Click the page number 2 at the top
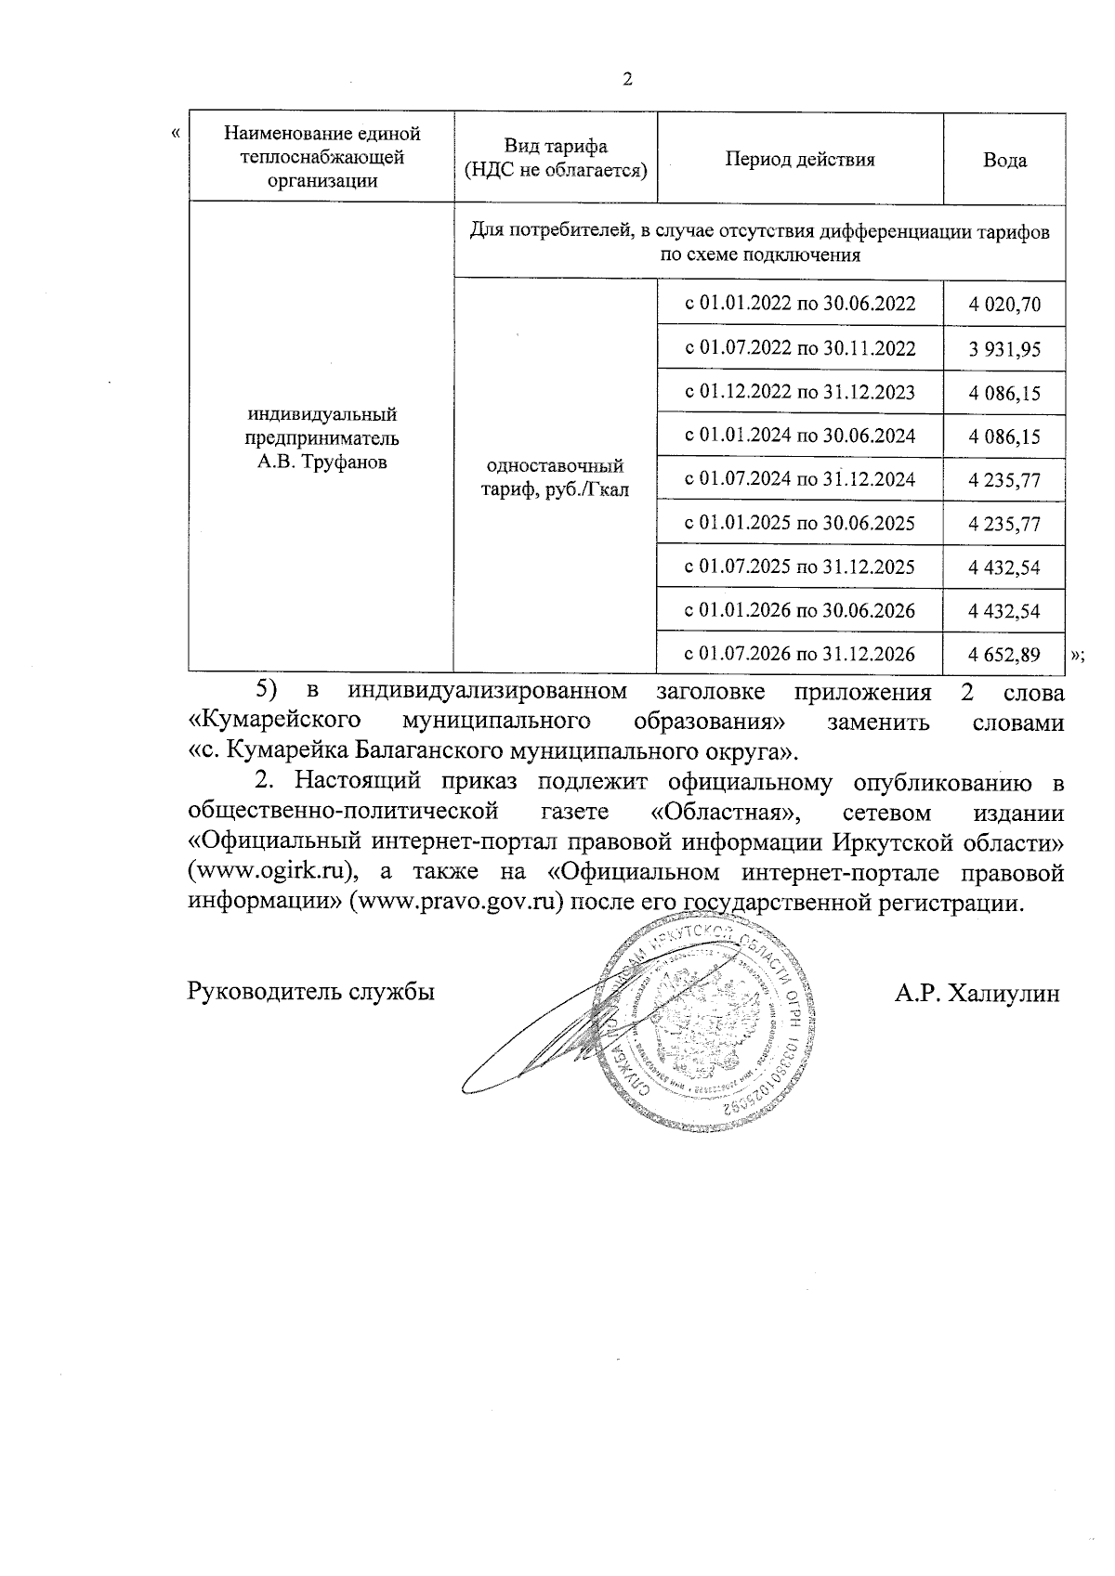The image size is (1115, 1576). pyautogui.click(x=626, y=80)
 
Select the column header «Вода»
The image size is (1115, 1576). pyautogui.click(x=1004, y=160)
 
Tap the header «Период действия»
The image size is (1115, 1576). pyautogui.click(x=800, y=159)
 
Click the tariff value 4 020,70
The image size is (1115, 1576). pyautogui.click(x=1004, y=305)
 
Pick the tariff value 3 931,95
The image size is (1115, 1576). pyautogui.click(x=1004, y=349)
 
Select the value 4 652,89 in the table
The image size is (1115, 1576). pyautogui.click(x=1004, y=655)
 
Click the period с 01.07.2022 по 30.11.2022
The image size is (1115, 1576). pyautogui.click(x=800, y=348)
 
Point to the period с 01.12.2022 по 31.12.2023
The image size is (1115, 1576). pyautogui.click(x=800, y=392)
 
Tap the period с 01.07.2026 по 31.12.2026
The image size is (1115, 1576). pyautogui.click(x=800, y=654)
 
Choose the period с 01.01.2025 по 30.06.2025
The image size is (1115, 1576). pyautogui.click(x=800, y=523)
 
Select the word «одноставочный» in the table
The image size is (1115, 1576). pyautogui.click(x=555, y=466)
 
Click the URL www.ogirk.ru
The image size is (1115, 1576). pyautogui.click(x=272, y=873)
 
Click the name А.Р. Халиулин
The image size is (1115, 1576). pyautogui.click(x=977, y=994)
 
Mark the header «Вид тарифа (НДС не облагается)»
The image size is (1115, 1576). pyautogui.click(x=556, y=159)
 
